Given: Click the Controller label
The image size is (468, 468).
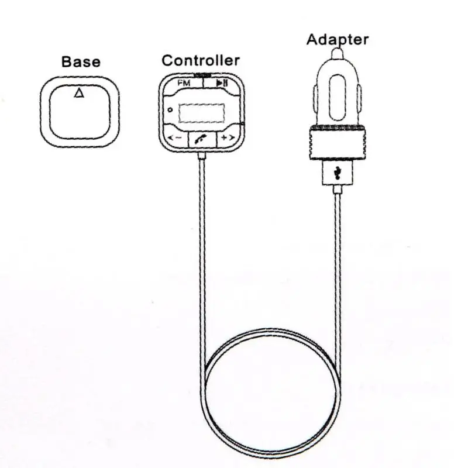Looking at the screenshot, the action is coord(201,60).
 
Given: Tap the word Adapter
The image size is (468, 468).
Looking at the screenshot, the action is coord(338,40).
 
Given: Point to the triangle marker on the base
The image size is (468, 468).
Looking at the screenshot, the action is coord(79,92).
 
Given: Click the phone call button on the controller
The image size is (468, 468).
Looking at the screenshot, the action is coord(202,139).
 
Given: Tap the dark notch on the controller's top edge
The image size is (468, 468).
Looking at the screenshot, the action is coord(202,75).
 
